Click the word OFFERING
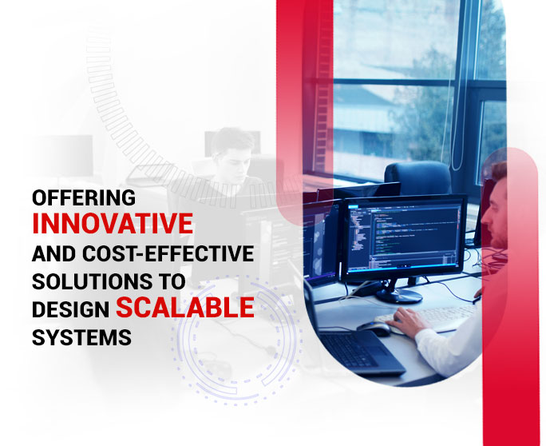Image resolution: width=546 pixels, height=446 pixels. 84,197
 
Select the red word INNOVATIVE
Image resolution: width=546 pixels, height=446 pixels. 113,224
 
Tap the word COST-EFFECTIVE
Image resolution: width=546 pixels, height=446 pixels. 168,253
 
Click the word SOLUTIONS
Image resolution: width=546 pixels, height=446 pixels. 92,281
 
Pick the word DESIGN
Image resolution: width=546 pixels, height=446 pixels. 71,309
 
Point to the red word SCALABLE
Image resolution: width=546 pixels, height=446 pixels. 185,307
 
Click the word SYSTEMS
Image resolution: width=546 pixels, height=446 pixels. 82,337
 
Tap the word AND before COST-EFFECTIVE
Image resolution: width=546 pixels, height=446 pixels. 54,253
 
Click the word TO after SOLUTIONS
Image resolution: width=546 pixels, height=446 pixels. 172,281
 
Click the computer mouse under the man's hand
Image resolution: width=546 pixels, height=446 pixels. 374,328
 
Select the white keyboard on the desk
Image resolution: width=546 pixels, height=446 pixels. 429,318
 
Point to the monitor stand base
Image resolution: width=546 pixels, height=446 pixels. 399,296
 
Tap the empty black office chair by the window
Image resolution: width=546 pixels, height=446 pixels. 417,178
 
